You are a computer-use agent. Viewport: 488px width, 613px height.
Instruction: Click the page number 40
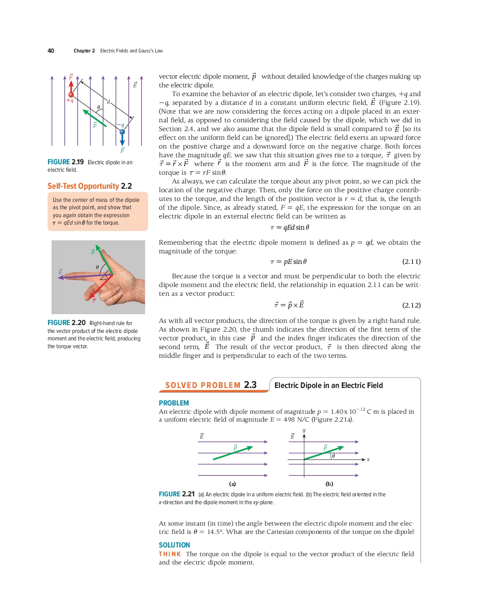[51, 51]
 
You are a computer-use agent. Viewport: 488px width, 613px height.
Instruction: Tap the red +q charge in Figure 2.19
[71, 94]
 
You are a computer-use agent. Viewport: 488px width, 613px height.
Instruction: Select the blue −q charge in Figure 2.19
[122, 132]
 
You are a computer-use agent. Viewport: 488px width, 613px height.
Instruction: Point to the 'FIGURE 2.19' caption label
[65, 162]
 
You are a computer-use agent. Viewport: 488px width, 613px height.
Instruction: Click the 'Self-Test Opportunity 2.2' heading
[89, 186]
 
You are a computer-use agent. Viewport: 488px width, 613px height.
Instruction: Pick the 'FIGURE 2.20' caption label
[66, 323]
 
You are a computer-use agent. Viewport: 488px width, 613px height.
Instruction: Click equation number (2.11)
[411, 262]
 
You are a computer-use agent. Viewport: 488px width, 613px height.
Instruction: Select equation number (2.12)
[411, 305]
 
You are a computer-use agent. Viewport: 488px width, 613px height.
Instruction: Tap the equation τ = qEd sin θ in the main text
[289, 228]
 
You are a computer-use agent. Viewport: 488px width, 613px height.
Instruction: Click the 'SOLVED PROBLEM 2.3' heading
[210, 385]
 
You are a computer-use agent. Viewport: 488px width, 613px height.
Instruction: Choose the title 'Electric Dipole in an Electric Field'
[328, 385]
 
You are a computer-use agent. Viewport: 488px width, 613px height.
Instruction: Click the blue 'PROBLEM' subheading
[174, 403]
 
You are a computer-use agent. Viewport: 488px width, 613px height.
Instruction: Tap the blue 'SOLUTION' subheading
[174, 545]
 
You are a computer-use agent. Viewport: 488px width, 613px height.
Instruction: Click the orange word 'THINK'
[170, 554]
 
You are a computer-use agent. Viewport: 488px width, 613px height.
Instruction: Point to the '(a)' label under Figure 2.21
[233, 484]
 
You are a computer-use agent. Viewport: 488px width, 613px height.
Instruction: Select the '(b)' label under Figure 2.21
[329, 484]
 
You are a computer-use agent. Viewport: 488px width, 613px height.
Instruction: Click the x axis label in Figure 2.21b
[368, 460]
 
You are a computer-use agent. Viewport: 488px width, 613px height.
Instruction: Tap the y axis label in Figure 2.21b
[304, 430]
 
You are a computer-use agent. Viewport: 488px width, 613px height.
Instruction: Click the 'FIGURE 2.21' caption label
[176, 494]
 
